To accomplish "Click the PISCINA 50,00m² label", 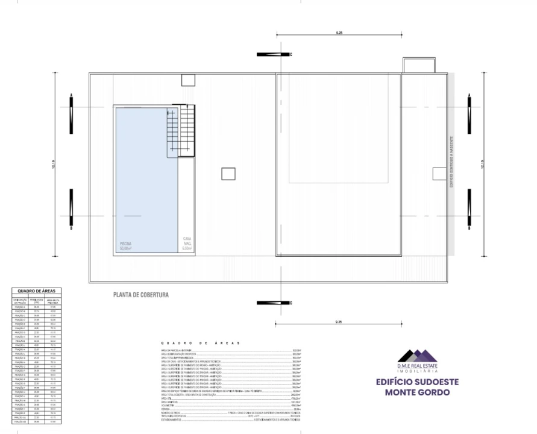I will click(x=125, y=246).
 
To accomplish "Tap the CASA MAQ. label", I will click(x=187, y=244).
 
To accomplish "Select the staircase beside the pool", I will click(x=181, y=131).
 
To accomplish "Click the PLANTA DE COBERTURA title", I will click(x=141, y=295).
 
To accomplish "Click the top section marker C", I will click(x=275, y=54).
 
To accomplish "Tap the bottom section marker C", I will click(x=275, y=303).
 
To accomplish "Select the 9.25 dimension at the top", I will click(x=339, y=32).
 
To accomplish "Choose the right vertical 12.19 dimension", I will click(x=483, y=164).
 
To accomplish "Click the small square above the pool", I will click(x=186, y=80).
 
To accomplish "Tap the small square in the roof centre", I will click(x=228, y=174).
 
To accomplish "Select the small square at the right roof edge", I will click(x=439, y=174).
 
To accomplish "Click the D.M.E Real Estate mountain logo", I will click(x=417, y=356).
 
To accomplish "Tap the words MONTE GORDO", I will click(x=417, y=392).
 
